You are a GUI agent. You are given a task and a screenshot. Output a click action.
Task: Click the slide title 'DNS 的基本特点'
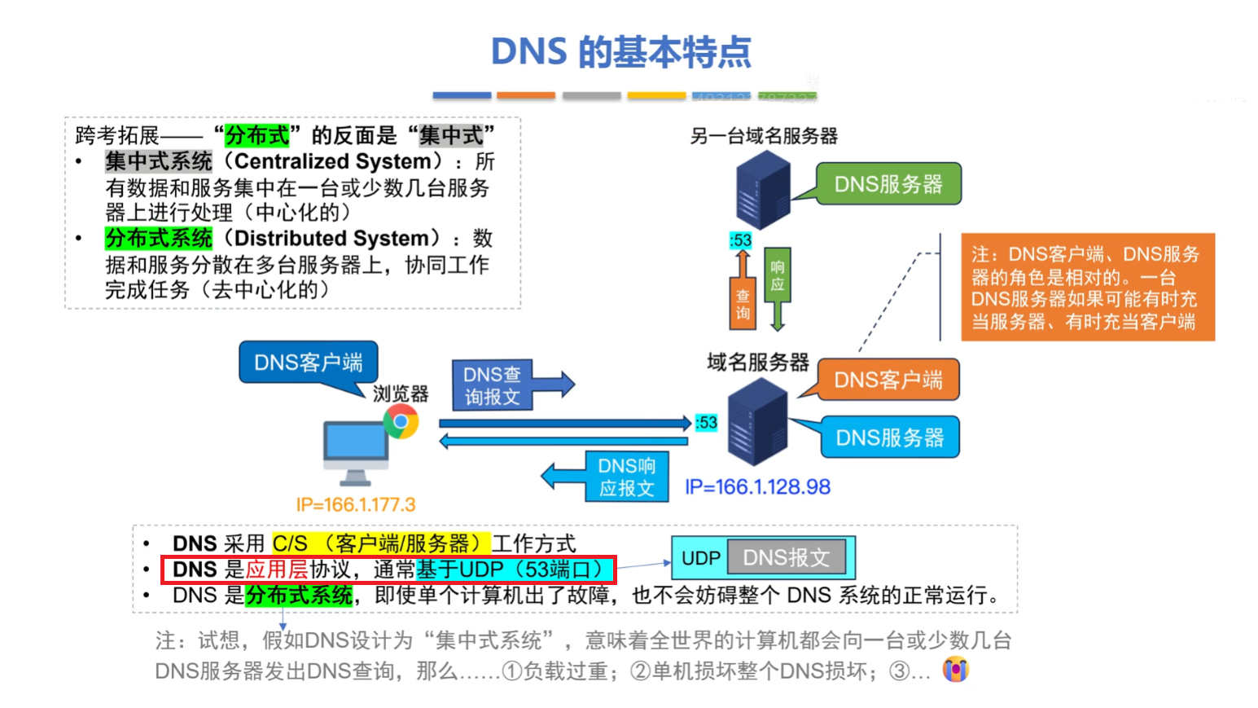click(620, 52)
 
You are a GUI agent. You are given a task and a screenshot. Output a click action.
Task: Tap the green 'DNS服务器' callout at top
click(888, 184)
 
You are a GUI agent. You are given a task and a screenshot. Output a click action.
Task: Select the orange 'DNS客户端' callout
click(888, 380)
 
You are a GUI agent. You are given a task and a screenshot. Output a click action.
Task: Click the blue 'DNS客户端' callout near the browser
click(308, 362)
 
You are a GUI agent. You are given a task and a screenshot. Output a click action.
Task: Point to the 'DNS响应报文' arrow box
click(625, 477)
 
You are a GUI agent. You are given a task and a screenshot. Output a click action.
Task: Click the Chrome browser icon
click(401, 422)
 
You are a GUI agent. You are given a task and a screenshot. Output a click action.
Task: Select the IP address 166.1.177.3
click(356, 504)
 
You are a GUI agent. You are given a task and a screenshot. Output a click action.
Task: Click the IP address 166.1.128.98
click(757, 487)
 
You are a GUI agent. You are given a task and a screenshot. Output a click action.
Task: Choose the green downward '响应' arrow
click(778, 289)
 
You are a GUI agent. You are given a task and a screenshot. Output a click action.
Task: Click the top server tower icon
click(762, 189)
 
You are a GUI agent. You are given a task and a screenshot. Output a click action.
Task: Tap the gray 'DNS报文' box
click(786, 557)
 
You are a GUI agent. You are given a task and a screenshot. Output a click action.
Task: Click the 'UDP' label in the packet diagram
click(700, 558)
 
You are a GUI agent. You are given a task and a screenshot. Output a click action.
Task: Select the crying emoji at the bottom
click(955, 670)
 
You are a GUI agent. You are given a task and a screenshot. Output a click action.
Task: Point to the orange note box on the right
click(1088, 288)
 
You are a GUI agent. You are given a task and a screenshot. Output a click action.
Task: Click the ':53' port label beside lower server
click(706, 423)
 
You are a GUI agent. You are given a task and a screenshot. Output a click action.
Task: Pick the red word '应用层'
click(277, 569)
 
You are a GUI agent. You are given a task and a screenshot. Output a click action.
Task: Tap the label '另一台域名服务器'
click(764, 136)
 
